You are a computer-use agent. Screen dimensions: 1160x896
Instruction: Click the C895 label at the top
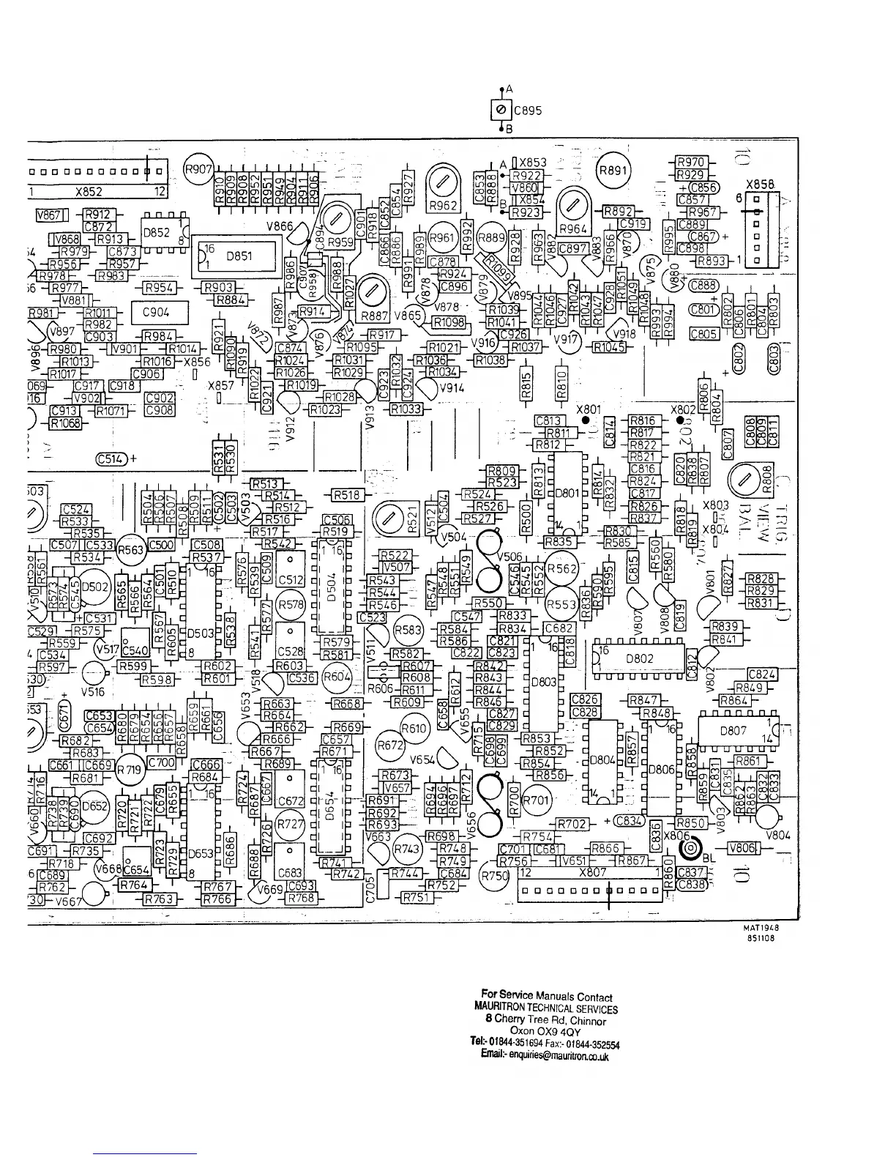click(x=527, y=111)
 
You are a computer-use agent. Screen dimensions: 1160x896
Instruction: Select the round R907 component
click(x=197, y=168)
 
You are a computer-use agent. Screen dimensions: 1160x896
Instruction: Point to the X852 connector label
click(x=89, y=193)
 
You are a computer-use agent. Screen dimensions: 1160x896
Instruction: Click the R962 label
click(x=442, y=205)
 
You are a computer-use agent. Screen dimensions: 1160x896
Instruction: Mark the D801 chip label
click(x=567, y=493)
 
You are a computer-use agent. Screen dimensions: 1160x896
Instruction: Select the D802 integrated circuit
click(x=638, y=658)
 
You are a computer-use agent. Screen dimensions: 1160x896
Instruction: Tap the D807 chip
click(x=733, y=730)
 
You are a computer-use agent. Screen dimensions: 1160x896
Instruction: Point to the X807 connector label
click(x=592, y=873)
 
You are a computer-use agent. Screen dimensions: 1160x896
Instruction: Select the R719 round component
click(x=131, y=770)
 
